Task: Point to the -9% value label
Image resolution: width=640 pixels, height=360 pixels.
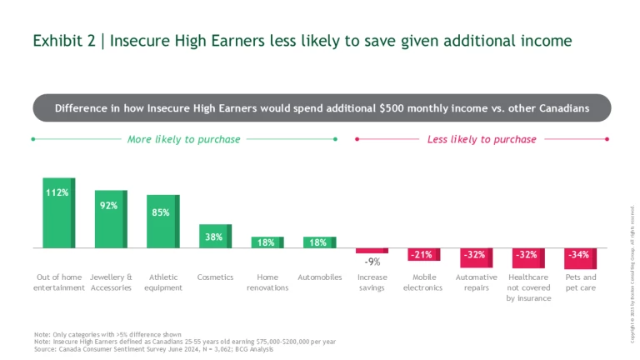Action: (372, 262)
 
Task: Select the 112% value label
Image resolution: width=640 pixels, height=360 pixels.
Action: (57, 192)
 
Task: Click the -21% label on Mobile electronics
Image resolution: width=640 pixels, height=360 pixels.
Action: (423, 254)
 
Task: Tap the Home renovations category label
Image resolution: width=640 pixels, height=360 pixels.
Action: (267, 282)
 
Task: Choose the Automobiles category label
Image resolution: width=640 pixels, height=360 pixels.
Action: (320, 277)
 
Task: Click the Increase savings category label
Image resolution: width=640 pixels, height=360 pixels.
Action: (372, 282)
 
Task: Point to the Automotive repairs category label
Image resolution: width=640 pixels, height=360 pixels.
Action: (476, 282)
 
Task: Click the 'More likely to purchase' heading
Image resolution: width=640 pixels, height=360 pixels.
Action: (183, 139)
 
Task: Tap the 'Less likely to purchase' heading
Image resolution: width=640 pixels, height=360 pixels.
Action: (482, 139)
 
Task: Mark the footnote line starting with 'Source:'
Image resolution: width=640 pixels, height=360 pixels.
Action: (153, 349)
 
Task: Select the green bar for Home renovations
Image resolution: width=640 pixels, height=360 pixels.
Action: (267, 242)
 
